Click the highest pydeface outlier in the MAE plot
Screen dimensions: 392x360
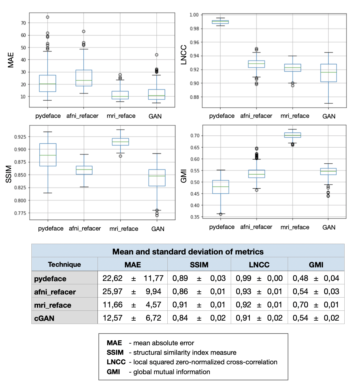coord(48,17)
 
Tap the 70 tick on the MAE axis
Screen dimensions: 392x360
coord(23,23)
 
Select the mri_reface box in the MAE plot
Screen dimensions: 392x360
coord(120,95)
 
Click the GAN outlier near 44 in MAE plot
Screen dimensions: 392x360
coord(157,55)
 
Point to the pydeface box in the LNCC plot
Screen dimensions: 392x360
coord(220,22)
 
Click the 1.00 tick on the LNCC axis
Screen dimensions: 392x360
coord(194,15)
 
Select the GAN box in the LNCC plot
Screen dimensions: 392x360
coord(328,73)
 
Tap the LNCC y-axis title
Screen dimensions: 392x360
coord(184,55)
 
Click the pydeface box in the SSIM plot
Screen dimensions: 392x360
coord(48,155)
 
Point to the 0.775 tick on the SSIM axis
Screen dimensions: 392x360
coord(20,213)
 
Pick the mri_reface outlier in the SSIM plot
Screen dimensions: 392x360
coord(121,156)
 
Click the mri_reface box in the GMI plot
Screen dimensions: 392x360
coord(293,135)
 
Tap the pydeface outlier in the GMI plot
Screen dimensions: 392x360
coord(221,214)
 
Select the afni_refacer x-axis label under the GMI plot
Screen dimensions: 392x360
coord(256,227)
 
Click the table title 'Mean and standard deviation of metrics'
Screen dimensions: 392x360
coord(188,252)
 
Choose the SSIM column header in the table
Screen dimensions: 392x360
coord(199,265)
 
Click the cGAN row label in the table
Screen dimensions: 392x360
coord(44,318)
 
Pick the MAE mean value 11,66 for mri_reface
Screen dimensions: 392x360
coord(112,305)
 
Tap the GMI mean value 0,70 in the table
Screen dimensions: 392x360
coord(300,305)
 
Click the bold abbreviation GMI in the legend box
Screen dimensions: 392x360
coord(113,372)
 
